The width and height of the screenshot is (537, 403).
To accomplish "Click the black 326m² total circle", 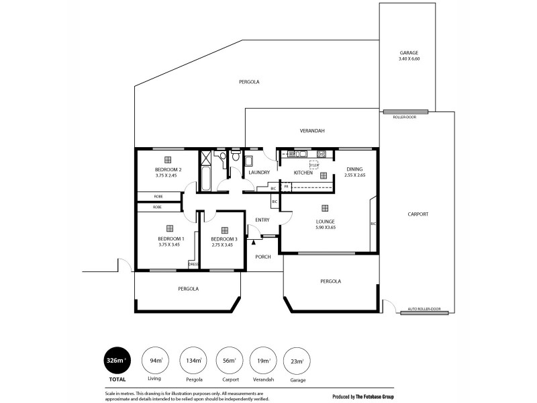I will click(115, 361).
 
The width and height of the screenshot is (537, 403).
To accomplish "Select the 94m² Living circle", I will click(155, 361).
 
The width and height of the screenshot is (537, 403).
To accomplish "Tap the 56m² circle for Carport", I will click(230, 361).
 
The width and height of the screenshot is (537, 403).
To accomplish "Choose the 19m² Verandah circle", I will click(264, 361).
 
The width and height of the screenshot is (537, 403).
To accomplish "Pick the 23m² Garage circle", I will click(297, 361).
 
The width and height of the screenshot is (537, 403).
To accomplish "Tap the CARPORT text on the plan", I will click(418, 214).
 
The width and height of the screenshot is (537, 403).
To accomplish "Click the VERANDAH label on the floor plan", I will click(312, 131).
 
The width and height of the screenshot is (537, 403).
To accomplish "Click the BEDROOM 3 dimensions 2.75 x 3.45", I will click(222, 245).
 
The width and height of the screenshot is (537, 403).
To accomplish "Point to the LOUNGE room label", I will click(326, 221).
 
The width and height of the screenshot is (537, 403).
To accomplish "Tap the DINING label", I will click(354, 169).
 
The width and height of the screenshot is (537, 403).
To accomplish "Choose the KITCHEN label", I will click(303, 173).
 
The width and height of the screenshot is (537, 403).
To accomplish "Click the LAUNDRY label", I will click(258, 173).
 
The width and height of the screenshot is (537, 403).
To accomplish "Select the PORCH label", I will click(262, 257).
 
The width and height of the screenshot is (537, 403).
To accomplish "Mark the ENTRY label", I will click(262, 220).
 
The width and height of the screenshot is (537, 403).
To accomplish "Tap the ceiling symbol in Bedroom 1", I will click(170, 228).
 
